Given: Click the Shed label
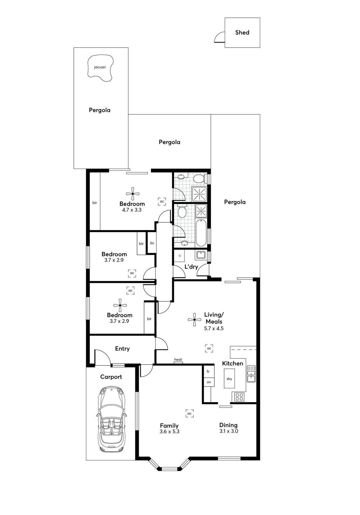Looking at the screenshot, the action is (242, 32).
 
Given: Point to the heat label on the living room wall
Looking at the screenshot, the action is (178, 360).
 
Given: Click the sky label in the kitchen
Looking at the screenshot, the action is (229, 379).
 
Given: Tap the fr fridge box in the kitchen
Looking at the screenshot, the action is (208, 372).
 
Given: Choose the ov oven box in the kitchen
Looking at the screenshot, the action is (209, 382).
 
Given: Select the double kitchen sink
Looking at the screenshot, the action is (251, 374).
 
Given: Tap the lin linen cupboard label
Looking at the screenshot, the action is (152, 243).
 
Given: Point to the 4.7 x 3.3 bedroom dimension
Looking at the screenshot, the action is (132, 210).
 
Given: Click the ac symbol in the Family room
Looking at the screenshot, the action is (190, 413).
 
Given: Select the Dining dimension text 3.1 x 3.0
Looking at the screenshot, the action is (229, 431).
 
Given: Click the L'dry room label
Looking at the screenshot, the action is (191, 267).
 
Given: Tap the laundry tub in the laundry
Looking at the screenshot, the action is (201, 255).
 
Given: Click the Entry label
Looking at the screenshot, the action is (122, 349).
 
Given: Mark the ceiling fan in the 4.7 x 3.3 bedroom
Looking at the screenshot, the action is (133, 194).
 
